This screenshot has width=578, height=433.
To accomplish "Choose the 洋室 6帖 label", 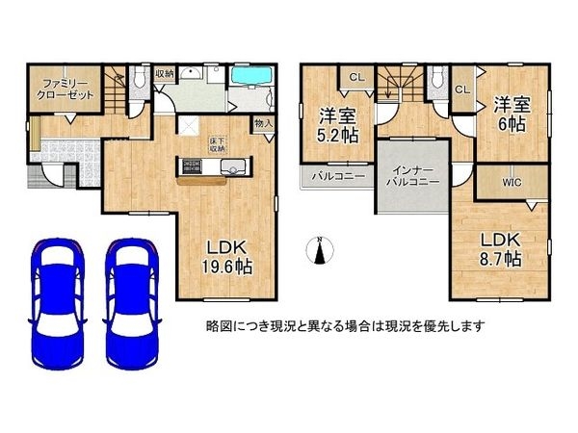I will coord(512,114).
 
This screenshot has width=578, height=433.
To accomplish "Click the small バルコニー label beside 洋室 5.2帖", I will coord(338,177).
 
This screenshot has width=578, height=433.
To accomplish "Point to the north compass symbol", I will coord(319,250).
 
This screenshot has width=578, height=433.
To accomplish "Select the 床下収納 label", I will coord(217,145).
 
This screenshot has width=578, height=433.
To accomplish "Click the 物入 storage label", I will coord(264,124).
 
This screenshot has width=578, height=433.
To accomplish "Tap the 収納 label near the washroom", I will coord(164,73).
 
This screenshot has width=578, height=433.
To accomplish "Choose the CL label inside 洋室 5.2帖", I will coord(355,78).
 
